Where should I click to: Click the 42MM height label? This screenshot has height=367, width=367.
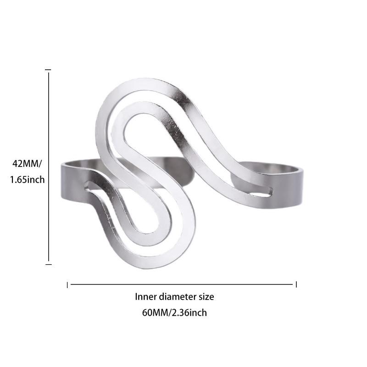point(26,163)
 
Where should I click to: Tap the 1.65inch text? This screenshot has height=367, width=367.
point(27,179)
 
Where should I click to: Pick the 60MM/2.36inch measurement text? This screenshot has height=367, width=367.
point(174,313)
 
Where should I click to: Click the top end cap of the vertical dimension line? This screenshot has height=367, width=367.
point(48,70)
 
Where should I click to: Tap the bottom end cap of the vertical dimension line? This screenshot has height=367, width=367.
point(48,264)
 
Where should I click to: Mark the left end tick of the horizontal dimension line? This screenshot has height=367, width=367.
point(68,285)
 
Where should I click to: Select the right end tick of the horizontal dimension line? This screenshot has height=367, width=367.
point(296,284)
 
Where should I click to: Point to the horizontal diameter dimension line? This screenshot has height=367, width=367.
point(182,284)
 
